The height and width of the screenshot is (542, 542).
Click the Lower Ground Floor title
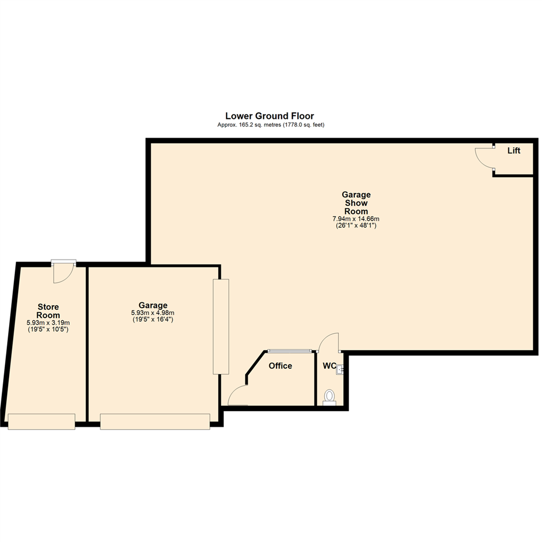point(269,116)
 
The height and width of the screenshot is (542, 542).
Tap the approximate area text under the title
point(269,124)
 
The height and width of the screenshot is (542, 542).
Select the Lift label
point(513,151)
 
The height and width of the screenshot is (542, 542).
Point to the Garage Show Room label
point(356,203)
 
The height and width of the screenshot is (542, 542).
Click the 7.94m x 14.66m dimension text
point(356,219)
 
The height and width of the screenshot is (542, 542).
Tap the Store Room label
point(48,311)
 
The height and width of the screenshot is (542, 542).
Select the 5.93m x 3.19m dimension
point(48,323)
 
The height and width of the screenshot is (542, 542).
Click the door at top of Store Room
point(64,271)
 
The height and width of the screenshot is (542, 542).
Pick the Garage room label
point(153,305)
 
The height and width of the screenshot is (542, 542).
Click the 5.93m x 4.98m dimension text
point(153,313)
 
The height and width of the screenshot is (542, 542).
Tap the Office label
point(280,366)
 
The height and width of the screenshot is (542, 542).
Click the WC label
point(329,366)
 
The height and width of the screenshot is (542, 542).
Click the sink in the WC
point(340,370)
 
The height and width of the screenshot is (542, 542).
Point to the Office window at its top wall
point(290,351)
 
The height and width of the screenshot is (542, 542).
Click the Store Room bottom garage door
point(42,422)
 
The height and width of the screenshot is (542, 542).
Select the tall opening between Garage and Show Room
point(221,326)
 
